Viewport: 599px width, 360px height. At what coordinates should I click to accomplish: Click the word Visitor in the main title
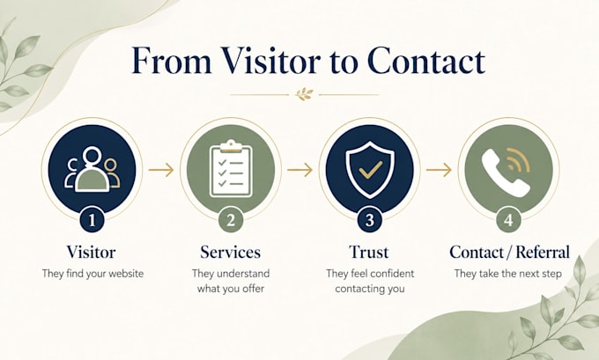[x=270, y=61]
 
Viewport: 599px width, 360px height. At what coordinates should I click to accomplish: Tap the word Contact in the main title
[x=426, y=61]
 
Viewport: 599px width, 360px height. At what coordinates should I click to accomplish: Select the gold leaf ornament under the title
[x=304, y=94]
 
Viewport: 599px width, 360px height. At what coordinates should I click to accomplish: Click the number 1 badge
[x=92, y=220]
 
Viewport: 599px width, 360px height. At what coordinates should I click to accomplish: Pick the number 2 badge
[x=231, y=220]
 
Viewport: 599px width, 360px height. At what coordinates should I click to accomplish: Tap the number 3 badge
[x=369, y=220]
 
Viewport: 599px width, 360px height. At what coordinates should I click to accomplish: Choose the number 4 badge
[x=508, y=220]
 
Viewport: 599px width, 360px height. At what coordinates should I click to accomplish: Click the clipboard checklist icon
[x=231, y=168]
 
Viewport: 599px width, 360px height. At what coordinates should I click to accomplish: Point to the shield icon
[x=370, y=170]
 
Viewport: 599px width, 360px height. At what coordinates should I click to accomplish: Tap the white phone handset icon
[x=504, y=173]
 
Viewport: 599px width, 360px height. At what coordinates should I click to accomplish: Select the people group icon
[x=92, y=169]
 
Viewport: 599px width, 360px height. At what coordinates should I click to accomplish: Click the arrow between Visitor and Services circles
[x=161, y=170]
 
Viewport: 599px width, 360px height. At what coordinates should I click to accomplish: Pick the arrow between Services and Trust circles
[x=299, y=170]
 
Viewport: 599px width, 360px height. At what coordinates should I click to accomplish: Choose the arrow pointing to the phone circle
[x=439, y=170]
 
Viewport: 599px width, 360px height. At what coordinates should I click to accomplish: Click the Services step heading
[x=231, y=253]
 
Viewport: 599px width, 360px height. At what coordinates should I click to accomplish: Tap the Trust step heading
[x=369, y=253]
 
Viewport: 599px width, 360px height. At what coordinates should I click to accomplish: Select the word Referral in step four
[x=543, y=253]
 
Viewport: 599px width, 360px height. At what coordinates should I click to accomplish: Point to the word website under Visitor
[x=126, y=274]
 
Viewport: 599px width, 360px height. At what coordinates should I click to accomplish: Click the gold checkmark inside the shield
[x=371, y=170]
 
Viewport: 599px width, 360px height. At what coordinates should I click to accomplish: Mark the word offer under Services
[x=253, y=289]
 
